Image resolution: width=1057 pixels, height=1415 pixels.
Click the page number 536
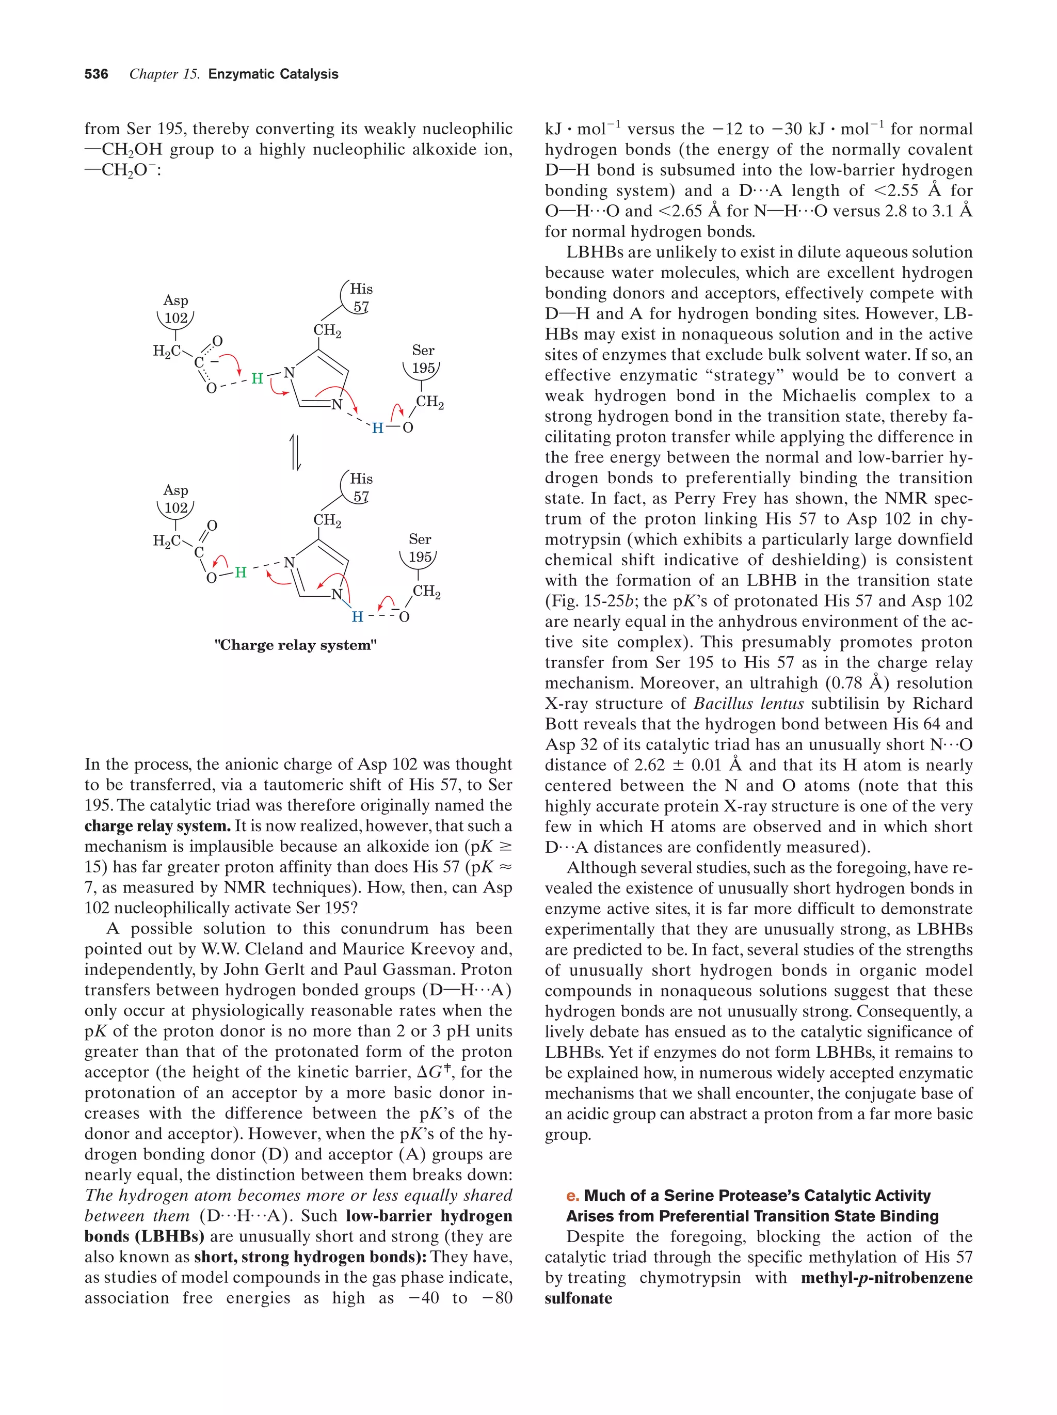[96, 74]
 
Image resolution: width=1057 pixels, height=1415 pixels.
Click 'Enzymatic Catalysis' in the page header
[273, 74]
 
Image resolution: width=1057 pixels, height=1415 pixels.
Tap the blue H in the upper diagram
[377, 428]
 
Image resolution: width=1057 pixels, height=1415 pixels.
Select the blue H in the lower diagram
[358, 617]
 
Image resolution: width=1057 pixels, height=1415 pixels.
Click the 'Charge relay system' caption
[295, 645]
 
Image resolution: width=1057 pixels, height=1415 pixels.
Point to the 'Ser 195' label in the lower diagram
[420, 548]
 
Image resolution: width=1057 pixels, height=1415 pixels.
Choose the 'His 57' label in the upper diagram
[361, 297]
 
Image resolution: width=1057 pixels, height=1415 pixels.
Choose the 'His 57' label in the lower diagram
[361, 487]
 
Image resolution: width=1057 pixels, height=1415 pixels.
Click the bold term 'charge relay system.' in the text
[157, 826]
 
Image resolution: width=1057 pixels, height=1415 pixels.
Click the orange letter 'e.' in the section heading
[572, 1196]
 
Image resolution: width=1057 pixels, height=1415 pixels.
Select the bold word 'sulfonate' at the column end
[578, 1298]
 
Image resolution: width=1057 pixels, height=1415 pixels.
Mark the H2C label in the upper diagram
[166, 351]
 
